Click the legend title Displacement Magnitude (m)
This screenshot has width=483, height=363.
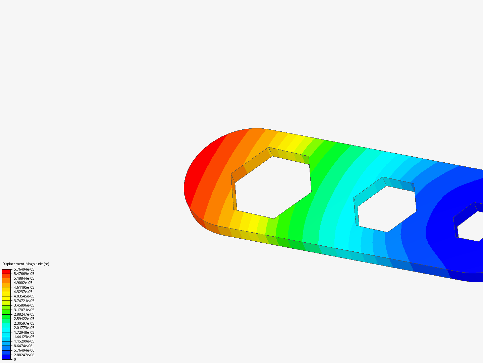pyautogui.click(x=26, y=264)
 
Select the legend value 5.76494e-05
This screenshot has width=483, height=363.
pyautogui.click(x=24, y=269)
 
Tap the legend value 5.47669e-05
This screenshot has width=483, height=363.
pyautogui.click(x=24, y=274)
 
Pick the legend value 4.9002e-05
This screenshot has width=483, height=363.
pyautogui.click(x=23, y=283)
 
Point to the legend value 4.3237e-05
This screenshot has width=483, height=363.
pyautogui.click(x=23, y=292)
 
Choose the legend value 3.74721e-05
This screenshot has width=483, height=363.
pyautogui.click(x=24, y=301)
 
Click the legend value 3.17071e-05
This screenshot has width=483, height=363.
pyautogui.click(x=24, y=310)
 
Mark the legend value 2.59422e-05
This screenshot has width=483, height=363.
pyautogui.click(x=24, y=319)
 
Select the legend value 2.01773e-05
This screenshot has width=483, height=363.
pyautogui.click(x=24, y=328)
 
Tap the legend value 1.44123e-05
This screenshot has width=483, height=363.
pyautogui.click(x=24, y=337)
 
